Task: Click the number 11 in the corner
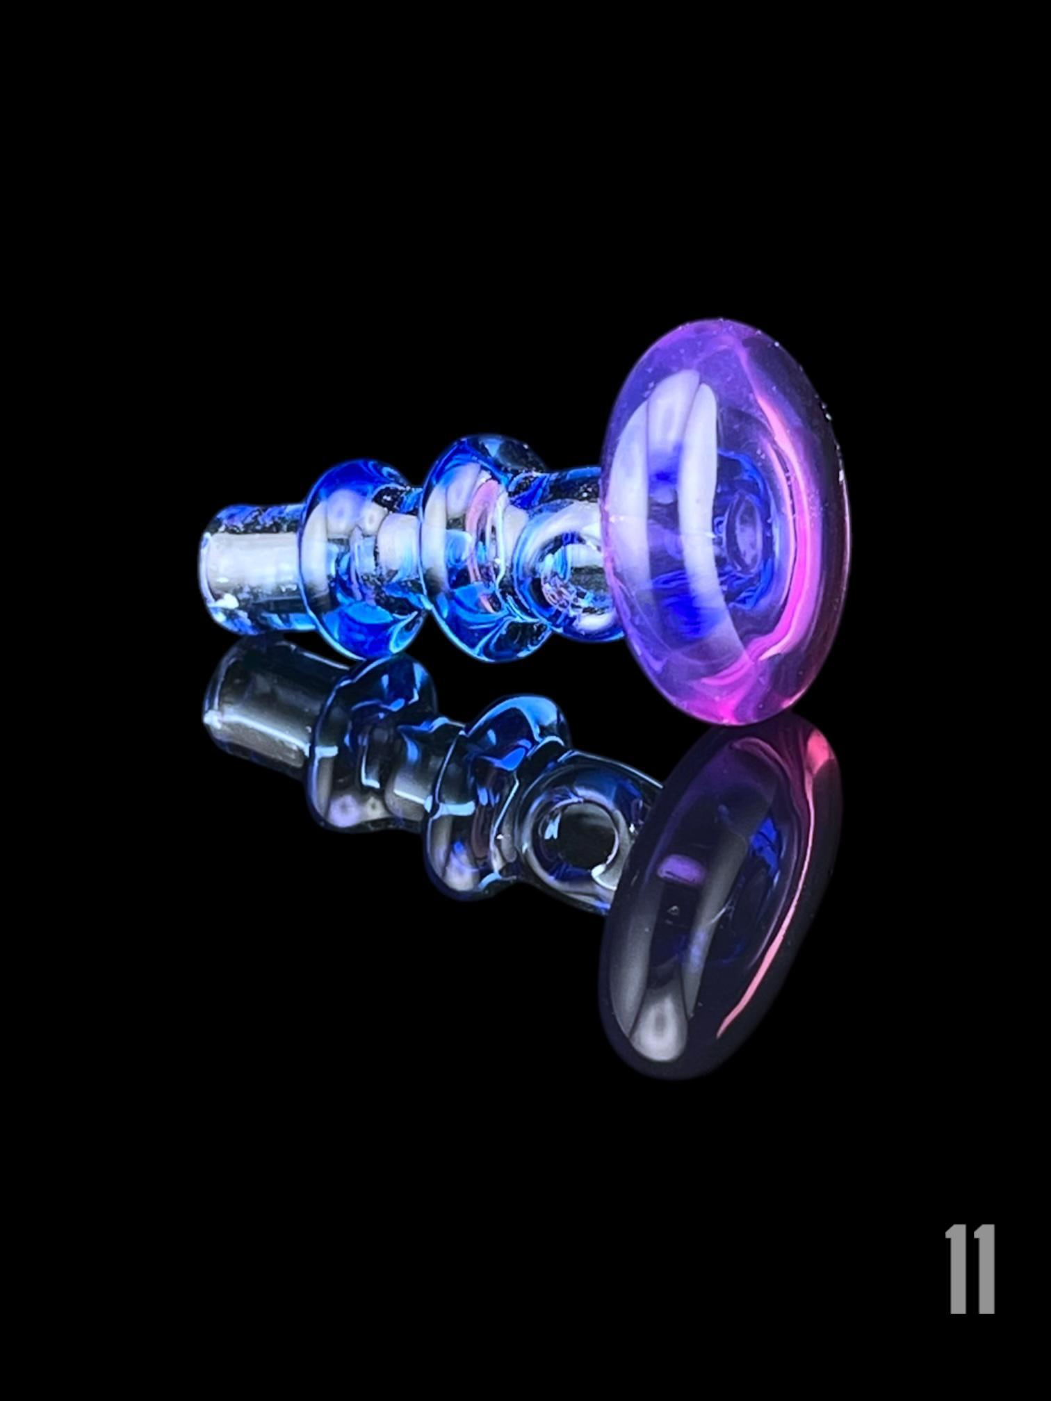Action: pyautogui.click(x=970, y=1270)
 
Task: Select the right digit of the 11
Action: pyautogui.click(x=984, y=1270)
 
